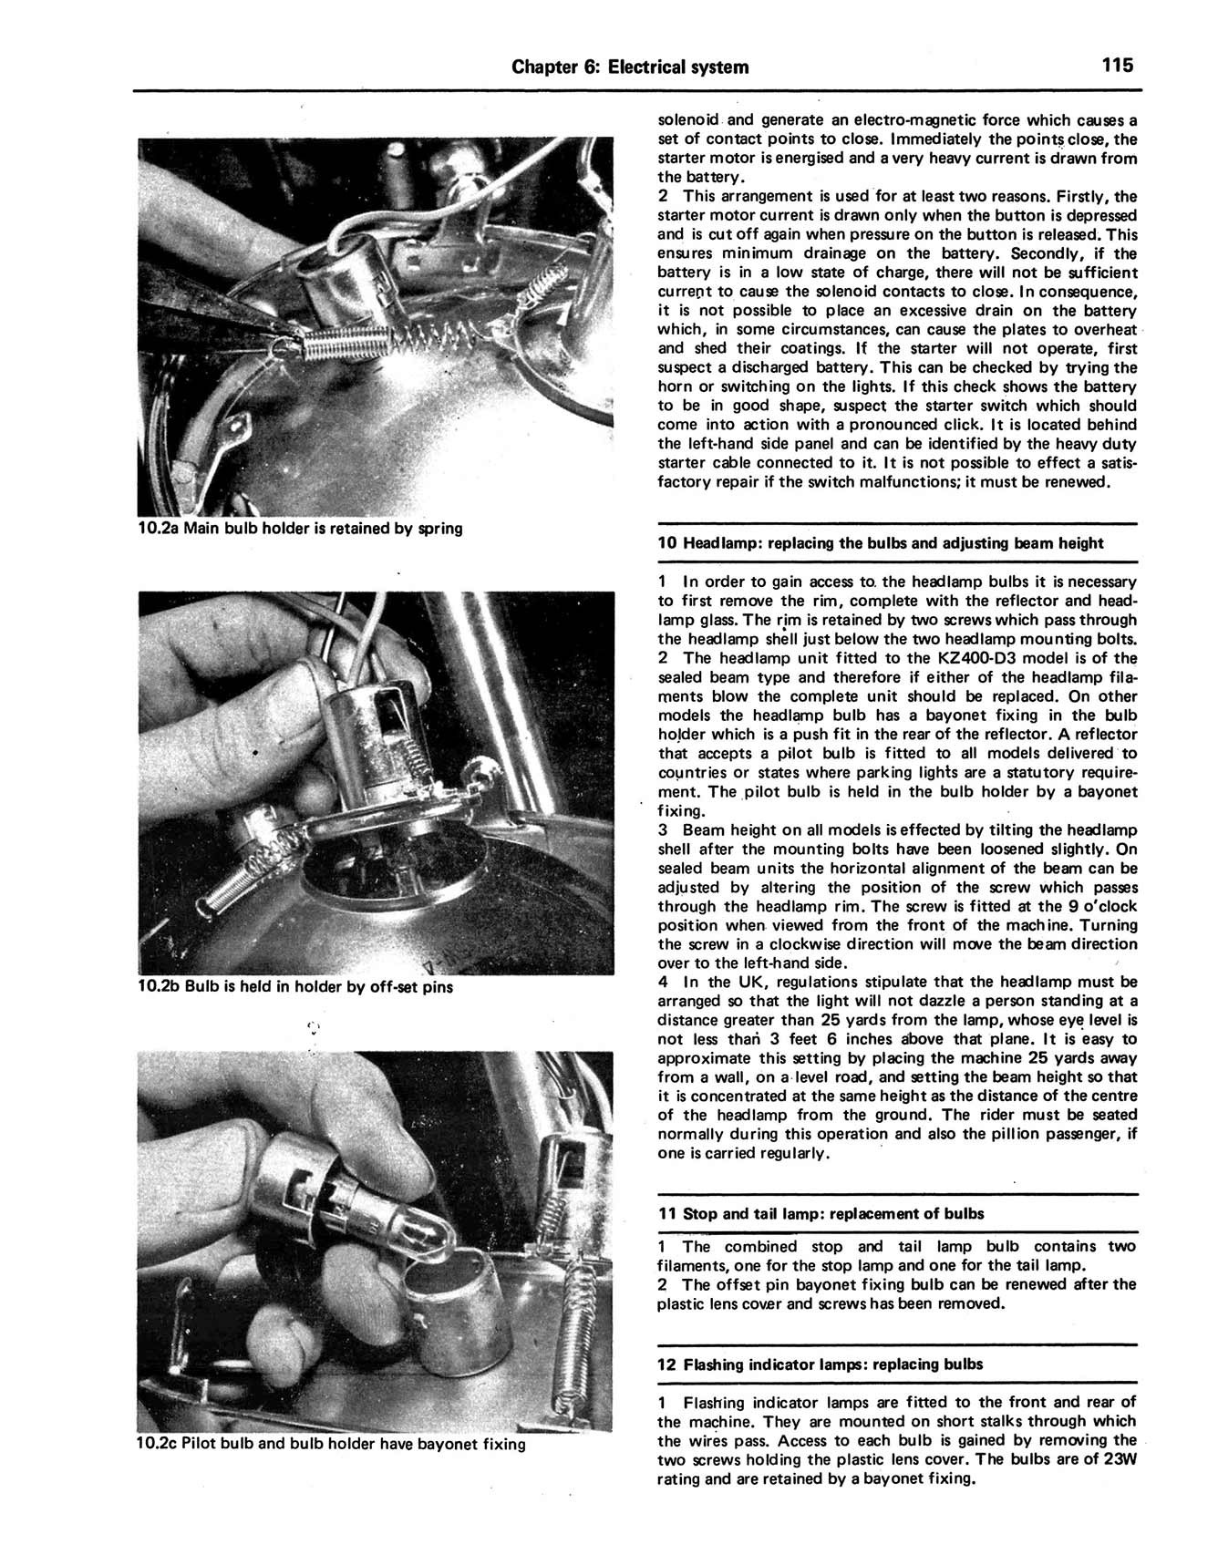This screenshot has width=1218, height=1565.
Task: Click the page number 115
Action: (1117, 66)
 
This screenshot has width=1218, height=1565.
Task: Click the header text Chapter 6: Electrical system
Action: (630, 67)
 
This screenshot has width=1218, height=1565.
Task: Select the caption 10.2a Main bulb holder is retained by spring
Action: (300, 528)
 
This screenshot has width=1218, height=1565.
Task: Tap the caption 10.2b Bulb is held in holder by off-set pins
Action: (294, 986)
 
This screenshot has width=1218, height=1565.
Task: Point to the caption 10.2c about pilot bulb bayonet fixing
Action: (331, 1444)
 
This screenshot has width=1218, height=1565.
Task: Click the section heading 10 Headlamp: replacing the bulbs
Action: (880, 543)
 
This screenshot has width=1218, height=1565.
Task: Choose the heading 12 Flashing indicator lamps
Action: (821, 1364)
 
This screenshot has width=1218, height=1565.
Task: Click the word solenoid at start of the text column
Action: (689, 120)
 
